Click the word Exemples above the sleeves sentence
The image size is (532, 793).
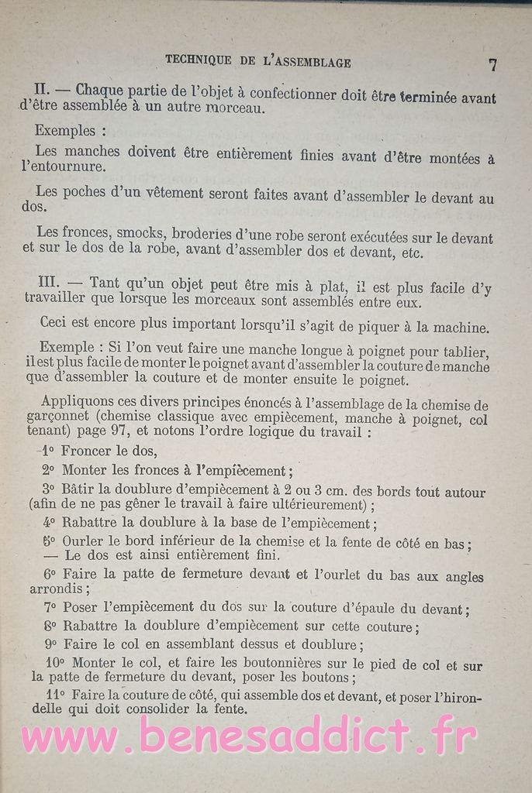[64, 131]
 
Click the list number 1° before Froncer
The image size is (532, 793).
[47, 451]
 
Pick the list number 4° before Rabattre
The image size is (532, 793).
[49, 523]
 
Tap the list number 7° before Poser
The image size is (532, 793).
[50, 608]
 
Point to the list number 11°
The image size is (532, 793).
[55, 695]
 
